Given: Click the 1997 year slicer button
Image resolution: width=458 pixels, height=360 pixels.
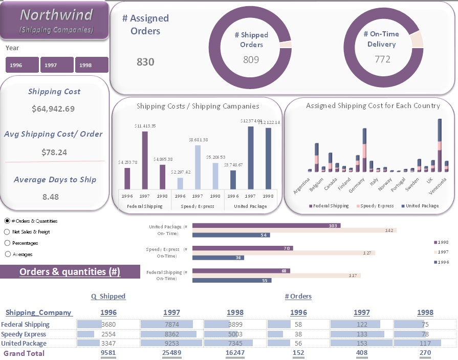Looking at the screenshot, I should (x=57, y=65).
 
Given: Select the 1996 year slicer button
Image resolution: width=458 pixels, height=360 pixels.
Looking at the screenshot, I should (x=22, y=65).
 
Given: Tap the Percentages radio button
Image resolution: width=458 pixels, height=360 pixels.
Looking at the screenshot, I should (x=7, y=243).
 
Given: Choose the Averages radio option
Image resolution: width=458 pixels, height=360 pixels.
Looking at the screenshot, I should (x=7, y=254).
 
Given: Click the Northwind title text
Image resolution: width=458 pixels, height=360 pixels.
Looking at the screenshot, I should (x=56, y=14).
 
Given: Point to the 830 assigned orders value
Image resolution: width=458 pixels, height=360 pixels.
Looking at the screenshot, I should (x=145, y=62).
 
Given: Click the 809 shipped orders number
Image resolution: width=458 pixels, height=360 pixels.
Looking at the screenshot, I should (x=251, y=60).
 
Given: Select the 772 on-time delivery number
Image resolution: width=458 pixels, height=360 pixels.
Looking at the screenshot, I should (x=382, y=59).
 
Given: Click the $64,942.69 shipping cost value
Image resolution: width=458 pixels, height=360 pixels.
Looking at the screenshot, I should (x=53, y=109).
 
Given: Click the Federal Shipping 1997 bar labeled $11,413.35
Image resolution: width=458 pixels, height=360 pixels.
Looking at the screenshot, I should (x=145, y=160).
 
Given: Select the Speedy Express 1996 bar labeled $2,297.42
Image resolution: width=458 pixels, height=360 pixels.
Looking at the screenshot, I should (x=180, y=183).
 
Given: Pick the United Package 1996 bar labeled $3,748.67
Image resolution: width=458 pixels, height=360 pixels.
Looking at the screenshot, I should (x=233, y=180).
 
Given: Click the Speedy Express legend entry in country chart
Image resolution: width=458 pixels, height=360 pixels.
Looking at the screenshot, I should (x=377, y=206).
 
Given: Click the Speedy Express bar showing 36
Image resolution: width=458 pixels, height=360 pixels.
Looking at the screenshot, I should (x=218, y=258).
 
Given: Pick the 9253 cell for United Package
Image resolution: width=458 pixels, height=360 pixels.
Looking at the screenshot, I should (x=171, y=344).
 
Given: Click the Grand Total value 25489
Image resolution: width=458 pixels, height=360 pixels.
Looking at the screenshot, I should (x=171, y=353).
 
